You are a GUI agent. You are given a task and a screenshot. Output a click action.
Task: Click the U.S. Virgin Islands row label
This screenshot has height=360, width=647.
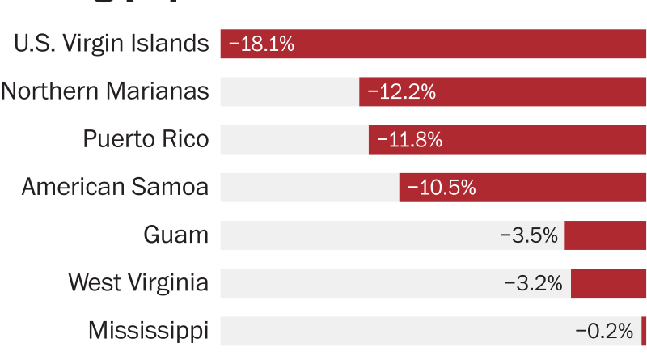pyautogui.click(x=111, y=44)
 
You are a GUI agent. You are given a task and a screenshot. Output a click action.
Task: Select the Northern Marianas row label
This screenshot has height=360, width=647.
pyautogui.click(x=105, y=91)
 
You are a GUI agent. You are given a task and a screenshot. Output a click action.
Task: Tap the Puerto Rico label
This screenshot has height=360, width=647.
pyautogui.click(x=146, y=139)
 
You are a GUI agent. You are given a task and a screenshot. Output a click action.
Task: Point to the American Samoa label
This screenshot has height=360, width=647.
pyautogui.click(x=115, y=188)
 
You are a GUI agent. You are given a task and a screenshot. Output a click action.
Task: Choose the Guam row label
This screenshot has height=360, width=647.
pyautogui.click(x=175, y=235)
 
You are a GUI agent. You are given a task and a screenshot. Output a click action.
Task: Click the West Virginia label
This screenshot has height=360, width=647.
pyautogui.click(x=138, y=283)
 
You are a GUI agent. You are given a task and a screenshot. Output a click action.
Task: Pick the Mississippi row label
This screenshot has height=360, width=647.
pyautogui.click(x=148, y=331)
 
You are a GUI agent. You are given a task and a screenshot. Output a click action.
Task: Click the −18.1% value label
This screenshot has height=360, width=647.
pyautogui.click(x=261, y=44)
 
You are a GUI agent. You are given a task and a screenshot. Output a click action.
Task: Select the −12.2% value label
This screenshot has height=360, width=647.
pyautogui.click(x=401, y=91)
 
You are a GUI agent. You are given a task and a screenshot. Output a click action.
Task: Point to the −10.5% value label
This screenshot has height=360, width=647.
pyautogui.click(x=441, y=188)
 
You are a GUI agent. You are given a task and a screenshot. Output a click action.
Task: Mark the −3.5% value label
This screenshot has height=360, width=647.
pyautogui.click(x=529, y=235)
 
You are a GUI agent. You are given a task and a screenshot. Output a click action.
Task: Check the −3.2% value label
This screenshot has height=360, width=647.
pyautogui.click(x=533, y=283)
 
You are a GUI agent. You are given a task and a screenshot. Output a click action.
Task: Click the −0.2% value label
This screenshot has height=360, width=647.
pyautogui.click(x=604, y=331)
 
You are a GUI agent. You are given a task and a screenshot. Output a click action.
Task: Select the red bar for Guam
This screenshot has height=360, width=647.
pyautogui.click(x=605, y=235)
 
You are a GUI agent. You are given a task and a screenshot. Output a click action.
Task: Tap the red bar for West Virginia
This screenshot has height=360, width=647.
pyautogui.click(x=608, y=283)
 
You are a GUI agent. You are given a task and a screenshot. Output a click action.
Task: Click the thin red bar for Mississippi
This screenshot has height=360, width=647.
pyautogui.click(x=644, y=331)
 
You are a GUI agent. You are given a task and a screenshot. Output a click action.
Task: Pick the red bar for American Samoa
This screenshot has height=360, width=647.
pyautogui.click(x=558, y=188)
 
